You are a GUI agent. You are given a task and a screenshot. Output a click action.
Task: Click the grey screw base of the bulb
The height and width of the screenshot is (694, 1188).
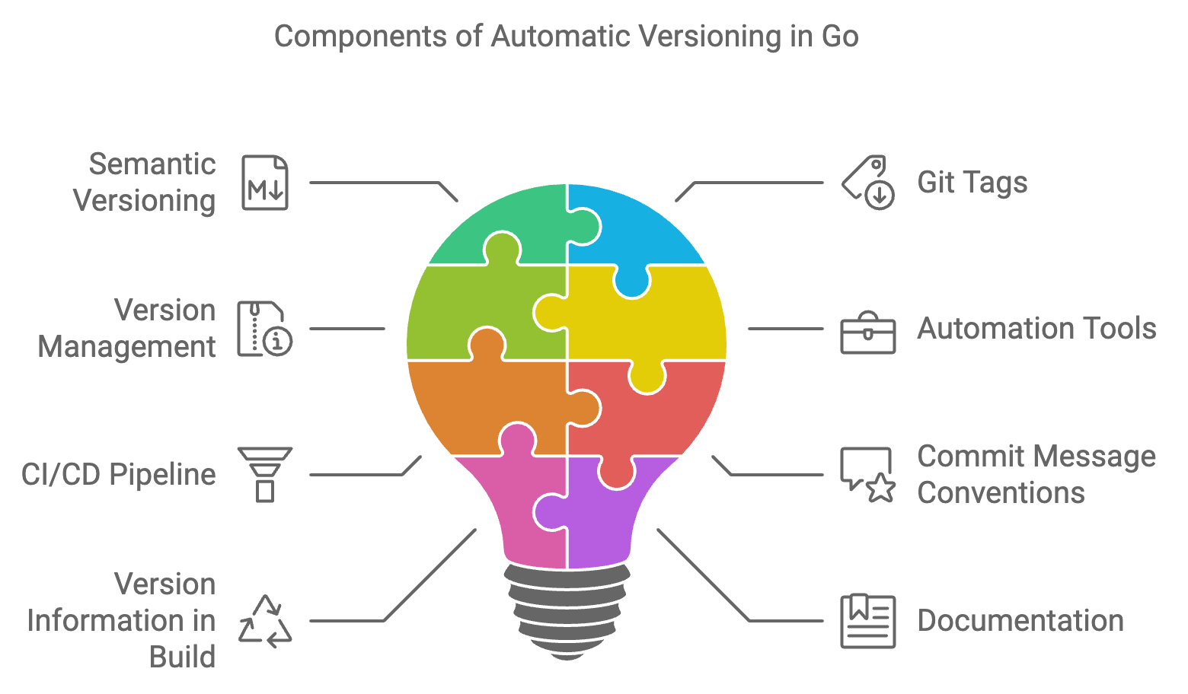point(567,609)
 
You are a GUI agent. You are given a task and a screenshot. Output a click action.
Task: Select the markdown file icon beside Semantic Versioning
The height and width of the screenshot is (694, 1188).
point(265,183)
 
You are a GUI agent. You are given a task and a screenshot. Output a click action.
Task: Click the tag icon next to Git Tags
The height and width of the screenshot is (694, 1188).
point(868,183)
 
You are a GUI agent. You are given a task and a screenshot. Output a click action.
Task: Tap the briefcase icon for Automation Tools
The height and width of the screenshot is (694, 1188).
point(868,333)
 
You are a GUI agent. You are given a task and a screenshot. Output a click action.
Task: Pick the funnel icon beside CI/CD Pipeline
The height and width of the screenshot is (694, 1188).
point(265,474)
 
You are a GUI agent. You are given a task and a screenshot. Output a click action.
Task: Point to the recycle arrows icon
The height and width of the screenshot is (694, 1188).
point(265,621)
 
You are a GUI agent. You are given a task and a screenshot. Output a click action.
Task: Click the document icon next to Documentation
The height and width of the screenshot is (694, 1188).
point(868,621)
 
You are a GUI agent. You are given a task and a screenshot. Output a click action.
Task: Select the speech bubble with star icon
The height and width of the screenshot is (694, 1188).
point(868,474)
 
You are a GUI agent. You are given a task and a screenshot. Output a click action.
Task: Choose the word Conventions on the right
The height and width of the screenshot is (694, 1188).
point(1001,493)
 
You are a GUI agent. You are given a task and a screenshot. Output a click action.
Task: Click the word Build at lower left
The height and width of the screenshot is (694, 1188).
point(183,657)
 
